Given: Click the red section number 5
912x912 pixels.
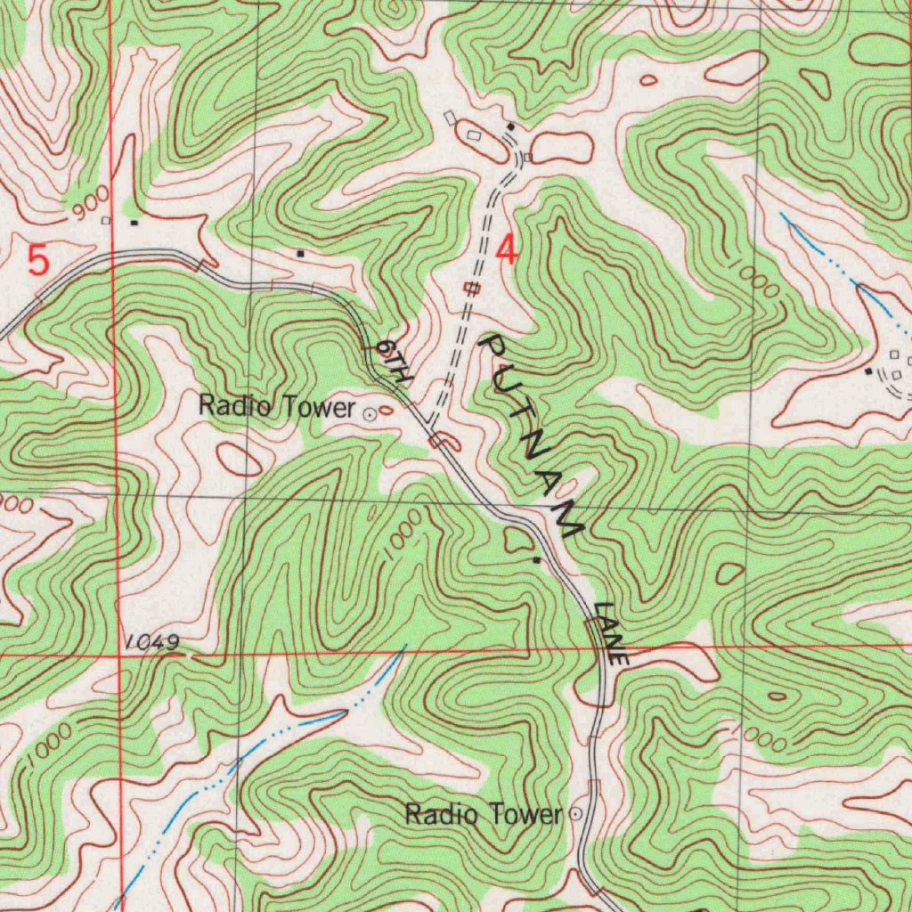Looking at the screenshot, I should pos(38,261).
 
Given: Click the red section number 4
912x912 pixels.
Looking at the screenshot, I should pos(507,249).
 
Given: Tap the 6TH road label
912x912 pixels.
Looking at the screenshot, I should pos(392,361).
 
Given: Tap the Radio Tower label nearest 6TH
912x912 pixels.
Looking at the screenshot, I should pos(276,407).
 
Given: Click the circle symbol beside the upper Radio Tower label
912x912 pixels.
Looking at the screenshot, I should pos(370,412).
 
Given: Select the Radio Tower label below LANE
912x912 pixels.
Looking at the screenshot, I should pos(484,813).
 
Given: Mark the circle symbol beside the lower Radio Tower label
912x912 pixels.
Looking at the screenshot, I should pos(575,813).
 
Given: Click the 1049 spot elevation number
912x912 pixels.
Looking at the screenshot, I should pos(152,642).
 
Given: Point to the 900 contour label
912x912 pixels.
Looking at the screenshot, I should pos(92,203).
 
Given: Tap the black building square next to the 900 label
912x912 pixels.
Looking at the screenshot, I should pos(134,222).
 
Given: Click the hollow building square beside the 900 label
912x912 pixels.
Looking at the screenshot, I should pos(106,220).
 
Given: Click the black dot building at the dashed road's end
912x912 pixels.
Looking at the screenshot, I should pos(510,127).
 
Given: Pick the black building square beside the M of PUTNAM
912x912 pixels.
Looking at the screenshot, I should pos(535,560).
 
